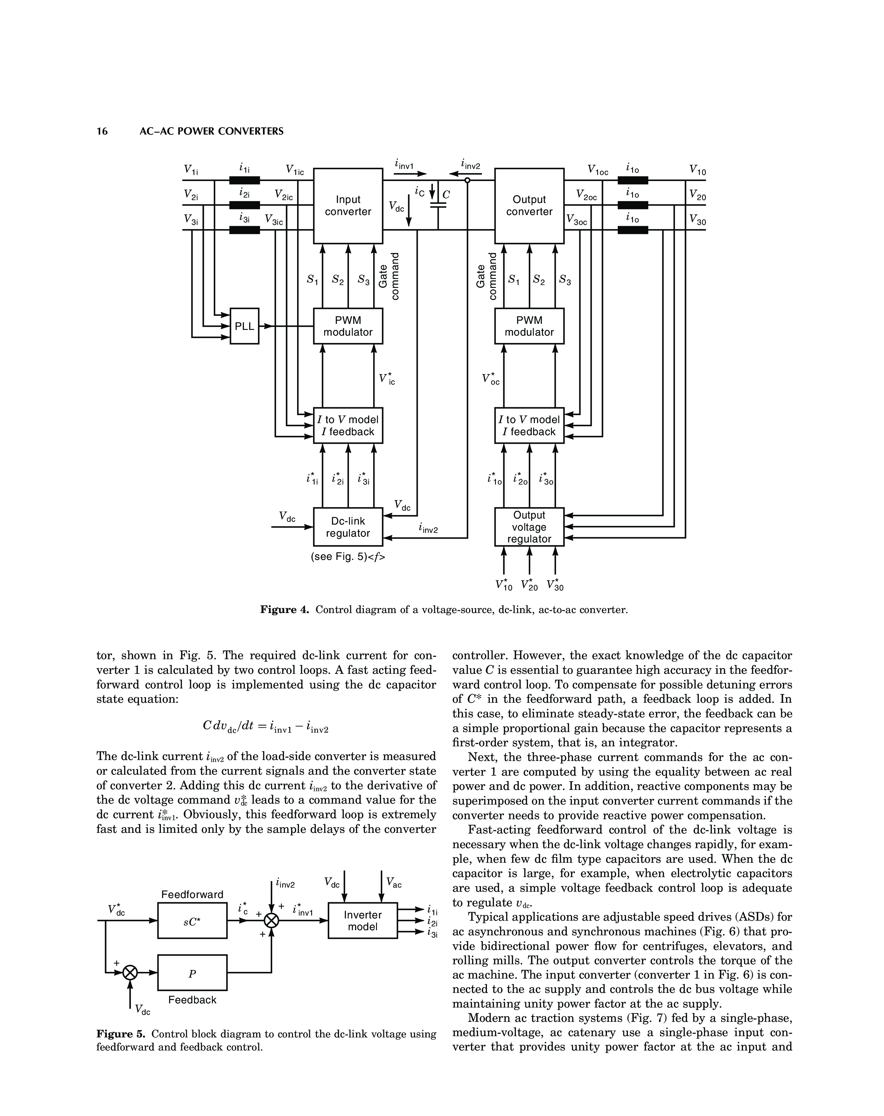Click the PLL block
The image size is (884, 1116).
[x=244, y=326]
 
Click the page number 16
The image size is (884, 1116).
[x=102, y=131]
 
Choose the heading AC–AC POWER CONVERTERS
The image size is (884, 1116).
[x=212, y=131]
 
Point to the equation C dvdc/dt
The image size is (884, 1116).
[x=266, y=727]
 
